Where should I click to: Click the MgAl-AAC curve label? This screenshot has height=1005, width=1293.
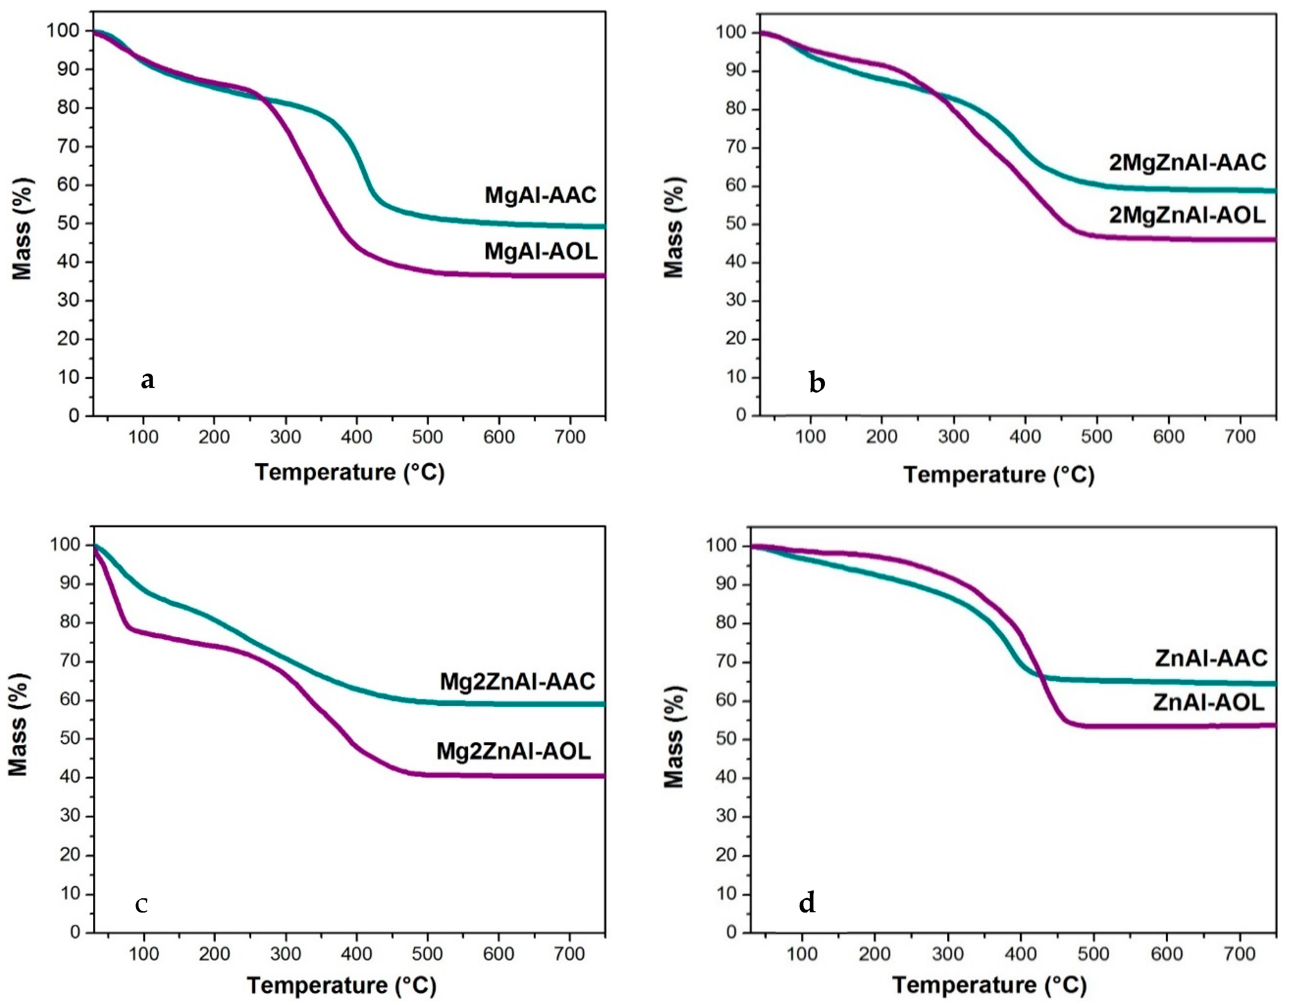(540, 195)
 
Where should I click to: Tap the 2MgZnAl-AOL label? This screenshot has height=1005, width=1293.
(1187, 215)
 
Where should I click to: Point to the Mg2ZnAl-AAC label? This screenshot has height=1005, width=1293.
(517, 682)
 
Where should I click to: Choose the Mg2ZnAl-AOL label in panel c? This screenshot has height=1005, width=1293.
(513, 751)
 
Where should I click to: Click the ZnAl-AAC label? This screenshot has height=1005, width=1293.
(1211, 658)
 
